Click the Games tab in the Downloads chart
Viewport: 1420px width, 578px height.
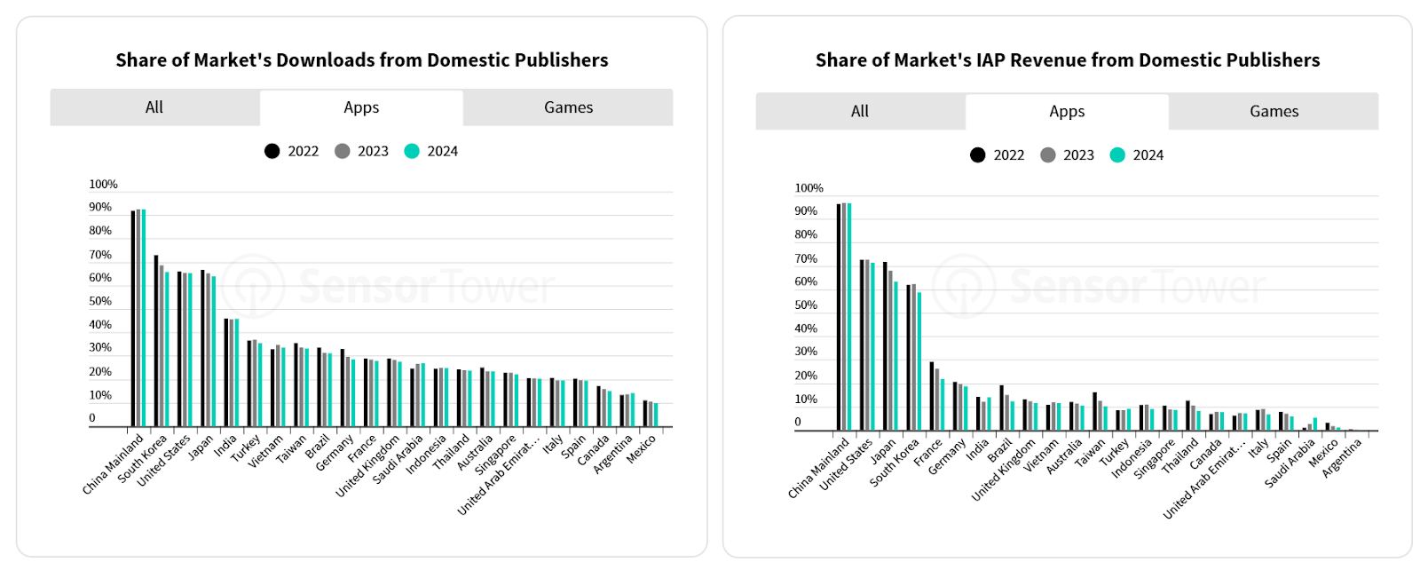(568, 107)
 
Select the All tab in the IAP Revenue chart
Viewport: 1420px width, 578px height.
(859, 112)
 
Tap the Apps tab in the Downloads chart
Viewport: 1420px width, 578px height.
(361, 107)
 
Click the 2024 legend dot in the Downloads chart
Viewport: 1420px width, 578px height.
(412, 151)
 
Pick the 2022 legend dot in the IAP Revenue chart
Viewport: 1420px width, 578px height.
(977, 154)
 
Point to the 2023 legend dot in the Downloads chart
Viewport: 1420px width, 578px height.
(343, 151)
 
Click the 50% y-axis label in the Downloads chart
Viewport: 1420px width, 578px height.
(100, 302)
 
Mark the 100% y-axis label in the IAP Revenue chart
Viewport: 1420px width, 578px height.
(809, 188)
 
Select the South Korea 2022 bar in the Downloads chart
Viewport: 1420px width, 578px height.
(156, 341)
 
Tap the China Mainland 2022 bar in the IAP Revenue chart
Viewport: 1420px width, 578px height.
(839, 317)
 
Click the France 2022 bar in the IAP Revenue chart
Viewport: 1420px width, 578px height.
(932, 396)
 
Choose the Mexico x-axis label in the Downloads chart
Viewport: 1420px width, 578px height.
(642, 448)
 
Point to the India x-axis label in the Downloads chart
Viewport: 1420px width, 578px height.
(226, 444)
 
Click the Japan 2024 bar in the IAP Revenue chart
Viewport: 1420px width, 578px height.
(895, 356)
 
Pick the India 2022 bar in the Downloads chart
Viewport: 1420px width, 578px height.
(226, 373)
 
